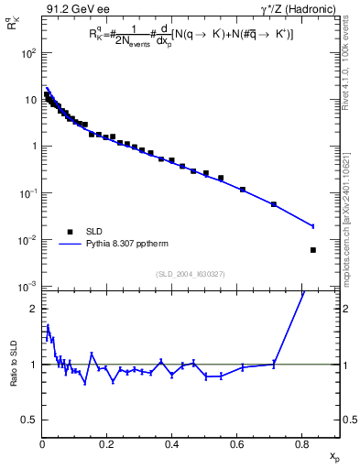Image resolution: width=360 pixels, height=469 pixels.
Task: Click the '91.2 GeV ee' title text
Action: click(75, 10)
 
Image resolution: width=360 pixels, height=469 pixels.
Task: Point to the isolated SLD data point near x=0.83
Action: click(313, 250)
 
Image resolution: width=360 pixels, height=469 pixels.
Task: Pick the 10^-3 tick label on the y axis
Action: click(28, 287)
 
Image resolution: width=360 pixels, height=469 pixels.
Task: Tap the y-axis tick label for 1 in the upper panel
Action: click(34, 147)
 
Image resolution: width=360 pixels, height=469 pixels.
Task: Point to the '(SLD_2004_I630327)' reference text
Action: click(183, 274)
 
